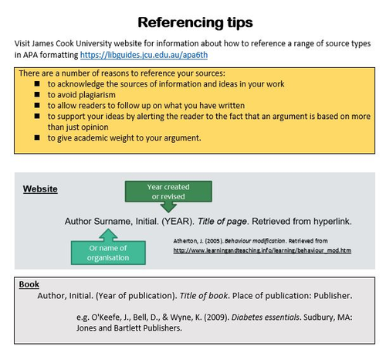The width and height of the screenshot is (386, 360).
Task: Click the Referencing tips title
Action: point(195,22)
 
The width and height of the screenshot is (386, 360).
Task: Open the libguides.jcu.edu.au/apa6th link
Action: point(144,55)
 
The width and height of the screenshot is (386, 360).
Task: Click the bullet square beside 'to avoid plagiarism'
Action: point(37,94)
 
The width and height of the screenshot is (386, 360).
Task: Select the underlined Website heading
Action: point(40,189)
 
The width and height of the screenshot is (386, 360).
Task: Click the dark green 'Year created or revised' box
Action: point(168,192)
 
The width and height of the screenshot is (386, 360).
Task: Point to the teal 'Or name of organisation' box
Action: point(108,253)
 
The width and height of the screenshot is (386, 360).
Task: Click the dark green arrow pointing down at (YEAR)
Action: point(168,207)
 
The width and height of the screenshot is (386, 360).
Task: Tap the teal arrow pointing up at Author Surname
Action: point(108,235)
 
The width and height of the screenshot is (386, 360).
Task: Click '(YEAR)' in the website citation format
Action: point(178,222)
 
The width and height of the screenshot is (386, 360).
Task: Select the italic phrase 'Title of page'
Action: point(222,222)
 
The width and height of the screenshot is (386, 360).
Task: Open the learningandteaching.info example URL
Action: point(262,250)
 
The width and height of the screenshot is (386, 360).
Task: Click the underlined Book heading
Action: point(29,284)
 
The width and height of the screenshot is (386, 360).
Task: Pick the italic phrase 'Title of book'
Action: point(204,296)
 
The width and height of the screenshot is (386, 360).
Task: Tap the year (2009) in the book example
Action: point(216,318)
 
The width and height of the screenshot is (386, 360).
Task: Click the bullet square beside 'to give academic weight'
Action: point(37,138)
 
